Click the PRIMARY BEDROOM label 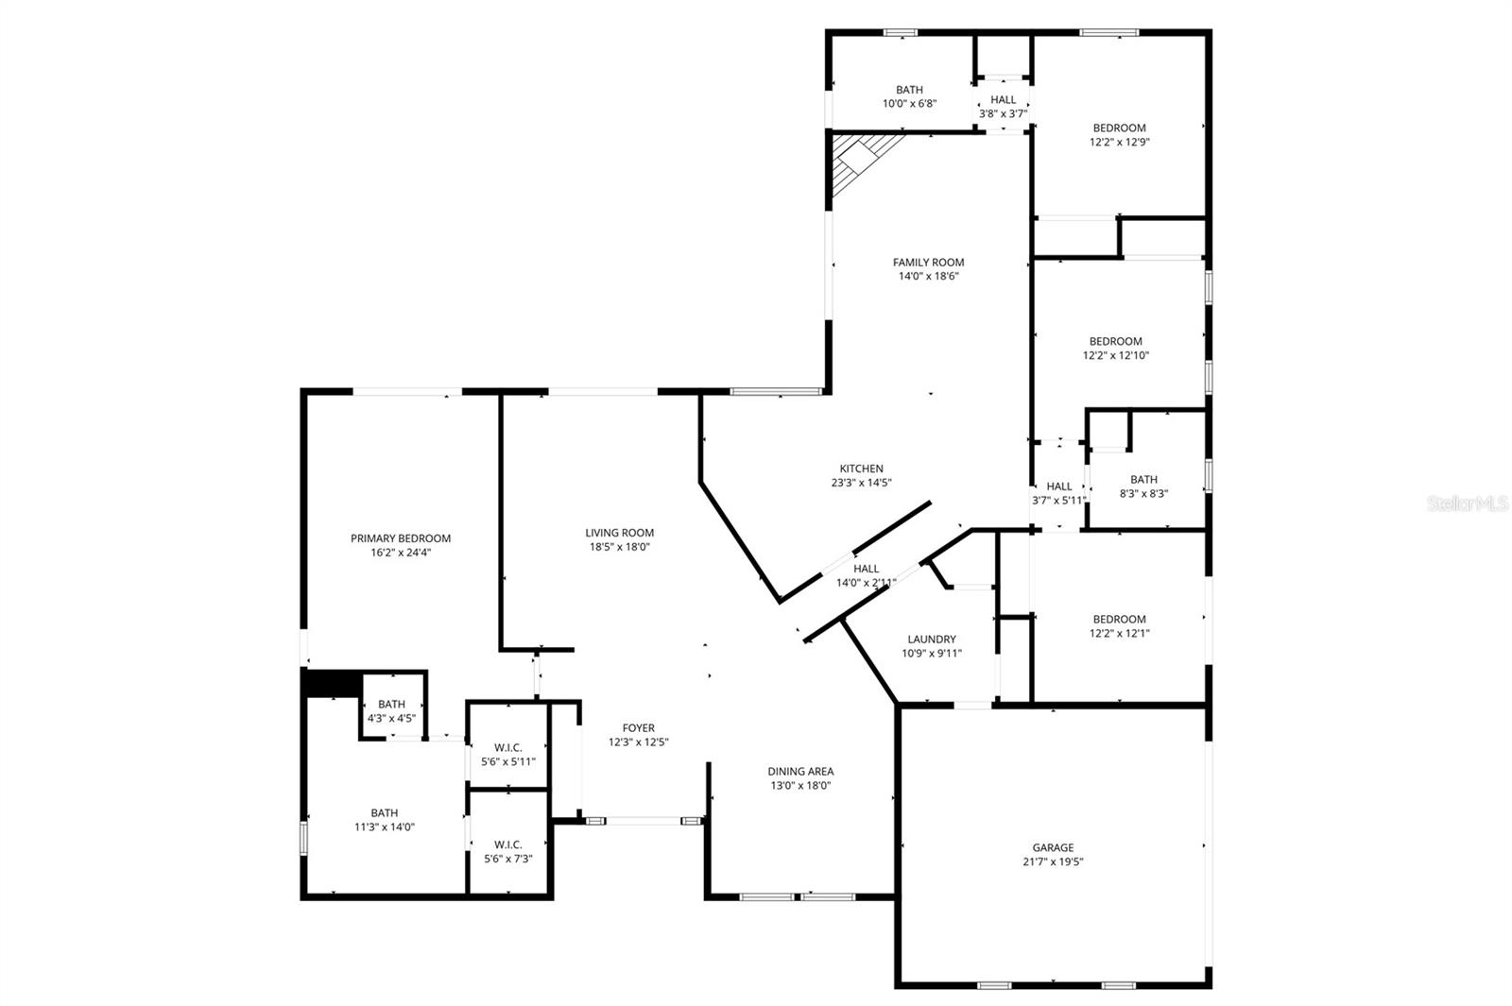tap(401, 538)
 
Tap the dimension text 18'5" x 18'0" tap(619, 547)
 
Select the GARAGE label tap(1053, 847)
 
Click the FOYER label tap(638, 728)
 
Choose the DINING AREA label tap(800, 771)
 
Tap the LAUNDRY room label tap(931, 639)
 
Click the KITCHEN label tap(861, 469)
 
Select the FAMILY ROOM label tap(928, 263)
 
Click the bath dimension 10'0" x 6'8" tap(909, 104)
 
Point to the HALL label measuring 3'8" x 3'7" tap(1004, 100)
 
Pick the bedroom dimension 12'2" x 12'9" tap(1119, 143)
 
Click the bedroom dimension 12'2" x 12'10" tap(1115, 356)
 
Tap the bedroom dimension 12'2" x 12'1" tap(1119, 634)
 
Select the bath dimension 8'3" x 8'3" tap(1143, 493)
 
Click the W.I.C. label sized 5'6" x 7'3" tap(507, 844)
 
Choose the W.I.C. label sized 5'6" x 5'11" tap(507, 747)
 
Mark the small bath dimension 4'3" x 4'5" tap(391, 718)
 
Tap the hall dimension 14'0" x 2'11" tap(866, 583)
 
